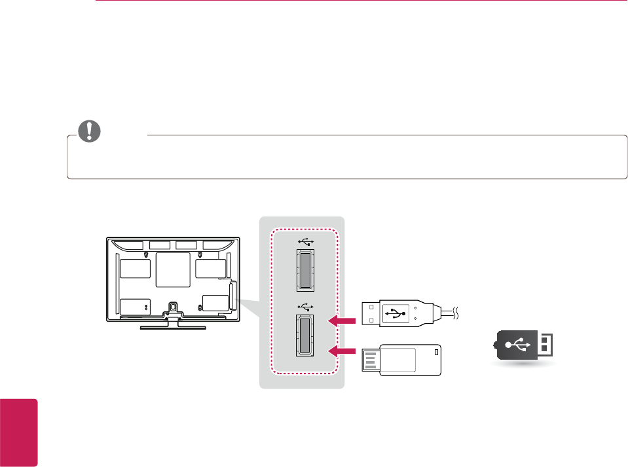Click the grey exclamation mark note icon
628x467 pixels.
(x=90, y=131)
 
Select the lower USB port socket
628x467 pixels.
(x=305, y=335)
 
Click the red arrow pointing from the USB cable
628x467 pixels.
(x=342, y=320)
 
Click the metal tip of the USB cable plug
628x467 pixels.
(x=371, y=313)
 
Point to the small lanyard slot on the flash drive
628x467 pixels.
(x=437, y=353)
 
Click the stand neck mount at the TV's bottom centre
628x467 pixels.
(x=172, y=307)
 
